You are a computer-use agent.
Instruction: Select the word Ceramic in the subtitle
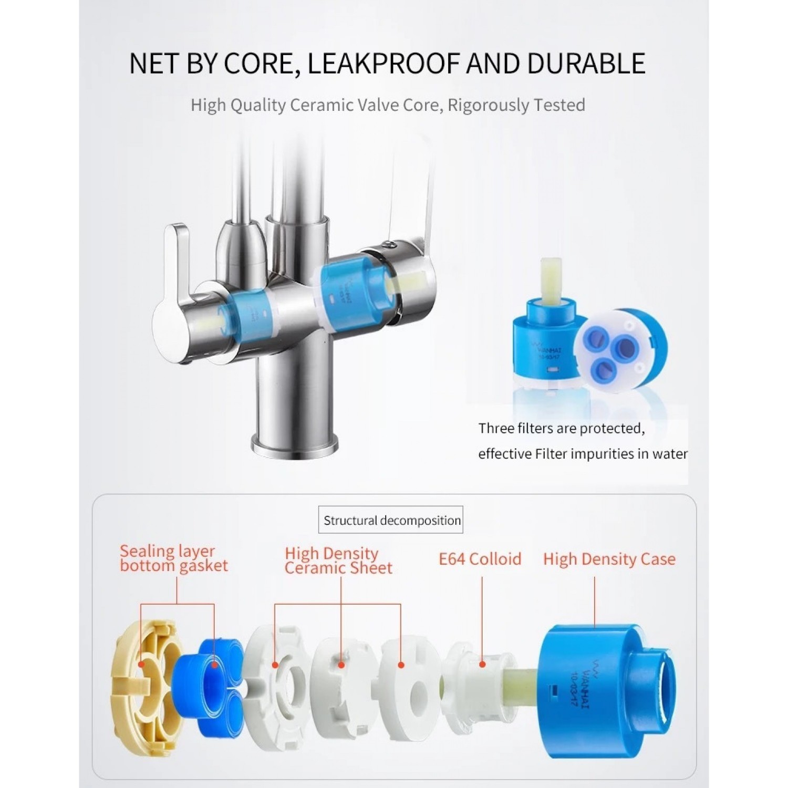point(322,105)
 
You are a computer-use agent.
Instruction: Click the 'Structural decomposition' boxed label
point(392,521)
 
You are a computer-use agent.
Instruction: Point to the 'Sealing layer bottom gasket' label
point(173,558)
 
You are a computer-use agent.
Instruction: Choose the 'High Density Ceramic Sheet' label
point(338,561)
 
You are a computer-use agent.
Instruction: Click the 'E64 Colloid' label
point(480,559)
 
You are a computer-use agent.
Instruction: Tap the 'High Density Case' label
point(609,559)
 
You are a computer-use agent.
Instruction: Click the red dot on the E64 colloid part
point(482,664)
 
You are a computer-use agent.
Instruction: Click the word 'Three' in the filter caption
point(496,429)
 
